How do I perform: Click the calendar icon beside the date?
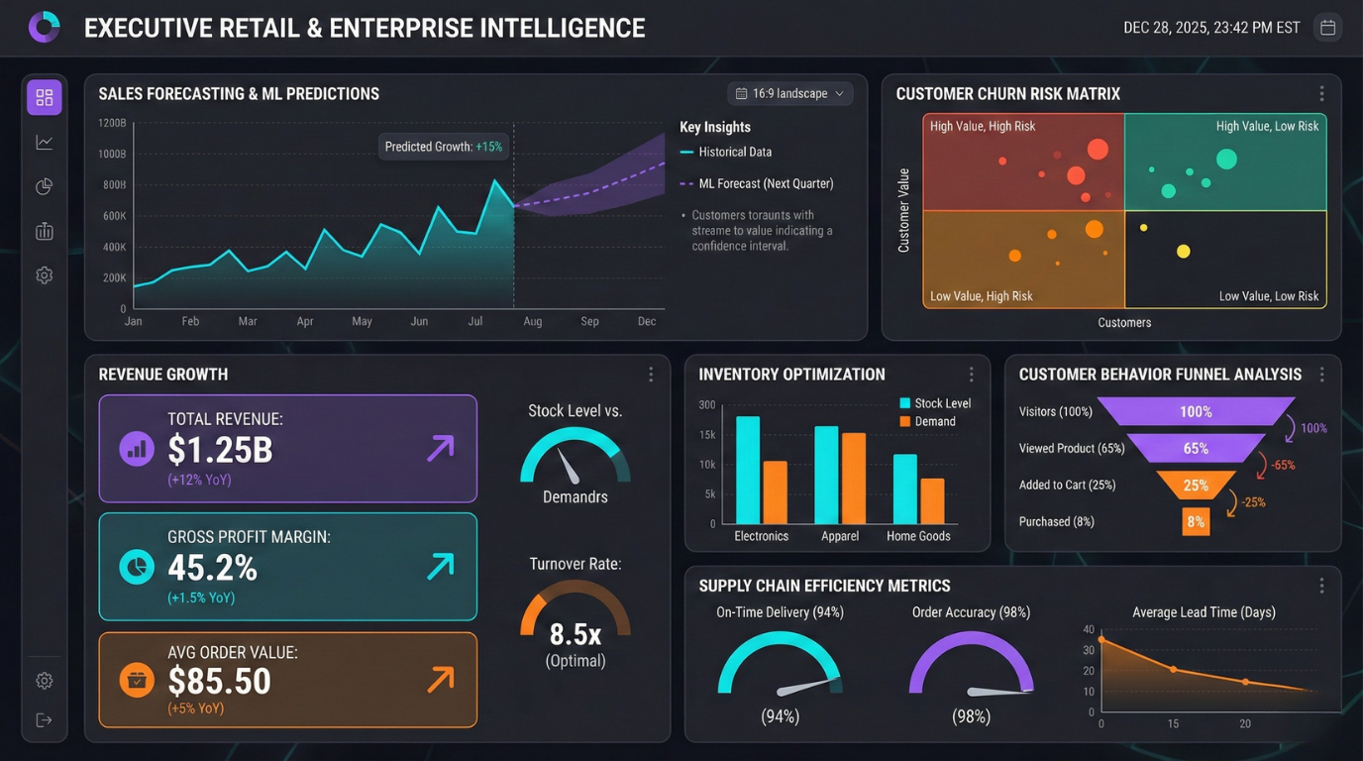click(1328, 28)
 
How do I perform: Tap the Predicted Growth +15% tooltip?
click(444, 147)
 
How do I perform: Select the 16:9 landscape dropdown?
click(789, 94)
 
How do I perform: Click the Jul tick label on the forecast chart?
click(475, 321)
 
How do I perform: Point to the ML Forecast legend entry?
click(757, 183)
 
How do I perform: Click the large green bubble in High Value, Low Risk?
click(1226, 159)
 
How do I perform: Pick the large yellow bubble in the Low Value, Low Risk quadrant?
click(1183, 252)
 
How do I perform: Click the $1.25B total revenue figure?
click(220, 450)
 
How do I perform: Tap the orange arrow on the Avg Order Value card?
click(440, 679)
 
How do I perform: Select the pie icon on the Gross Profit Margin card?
click(137, 567)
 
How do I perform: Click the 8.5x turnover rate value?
click(575, 633)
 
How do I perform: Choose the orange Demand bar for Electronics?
click(775, 492)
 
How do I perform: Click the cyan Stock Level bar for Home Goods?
click(904, 489)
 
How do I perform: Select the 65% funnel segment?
click(1196, 448)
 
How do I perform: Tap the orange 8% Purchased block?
click(1196, 521)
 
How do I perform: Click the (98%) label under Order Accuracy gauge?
click(971, 716)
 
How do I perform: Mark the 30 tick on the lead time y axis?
click(1090, 650)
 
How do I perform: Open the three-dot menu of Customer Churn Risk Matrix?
click(1321, 94)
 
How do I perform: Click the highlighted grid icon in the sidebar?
click(45, 97)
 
